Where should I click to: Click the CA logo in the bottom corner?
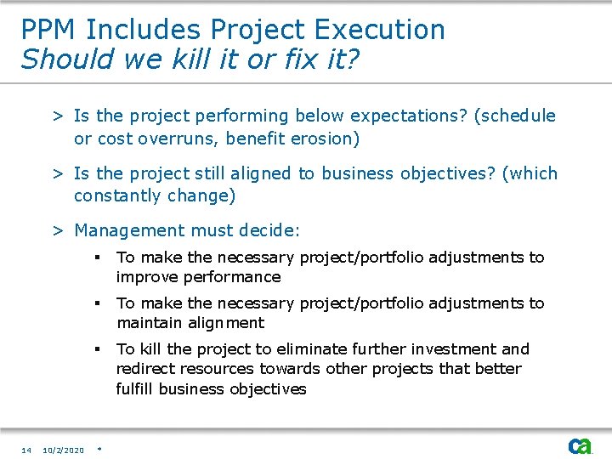(x=581, y=446)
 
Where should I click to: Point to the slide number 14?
(x=26, y=450)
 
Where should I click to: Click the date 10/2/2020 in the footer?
(x=64, y=450)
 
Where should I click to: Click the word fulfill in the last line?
(x=135, y=389)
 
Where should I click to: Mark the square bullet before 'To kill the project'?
(x=99, y=349)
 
